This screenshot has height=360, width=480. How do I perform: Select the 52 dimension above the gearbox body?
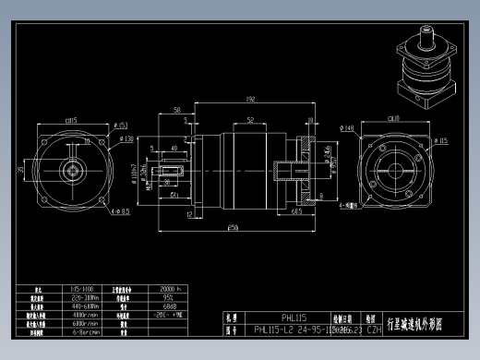click(250, 120)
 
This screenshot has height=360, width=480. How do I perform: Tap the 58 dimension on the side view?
click(177, 110)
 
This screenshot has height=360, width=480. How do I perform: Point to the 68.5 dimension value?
click(297, 210)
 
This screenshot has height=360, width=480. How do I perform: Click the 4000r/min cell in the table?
click(85, 315)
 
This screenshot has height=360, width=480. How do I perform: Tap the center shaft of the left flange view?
click(69, 171)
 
